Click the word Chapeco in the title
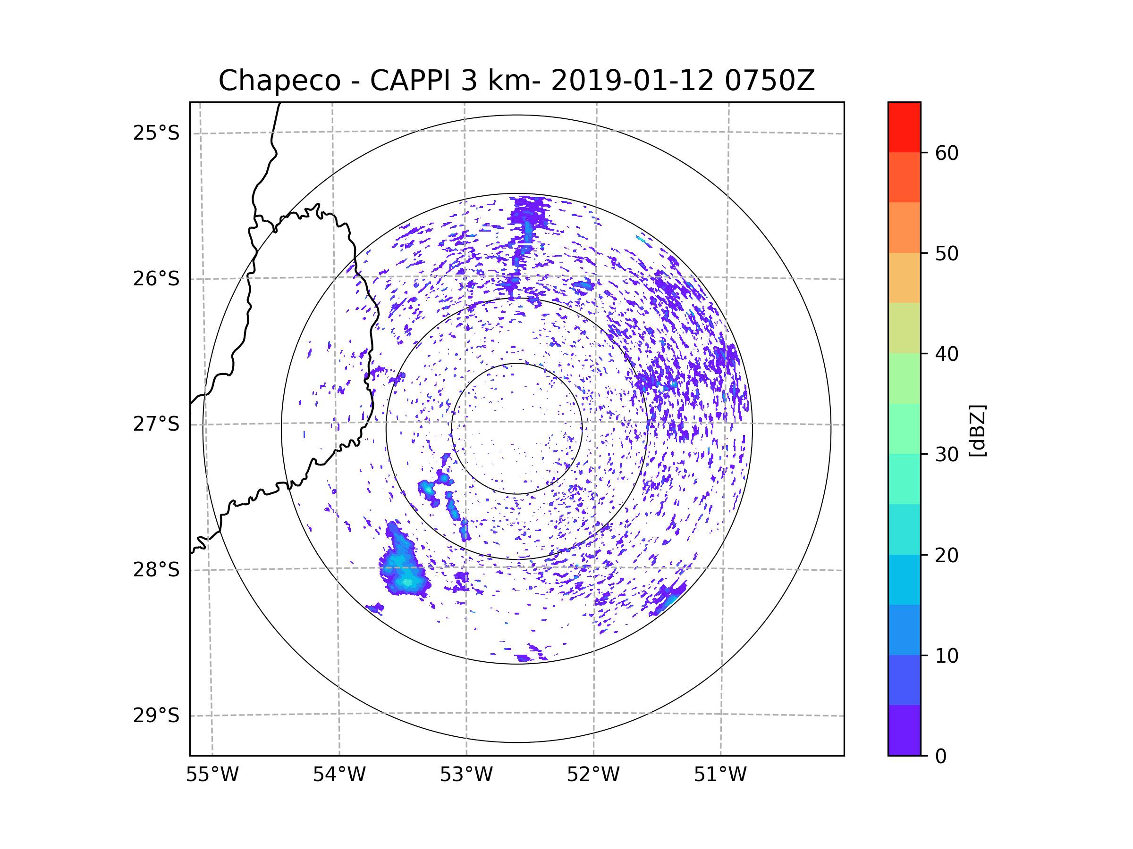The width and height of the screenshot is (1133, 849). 279,81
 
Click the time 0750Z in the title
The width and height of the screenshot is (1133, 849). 769,81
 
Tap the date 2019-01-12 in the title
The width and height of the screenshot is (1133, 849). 632,81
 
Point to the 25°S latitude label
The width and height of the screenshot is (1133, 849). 156,133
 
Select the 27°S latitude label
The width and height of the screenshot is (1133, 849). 156,424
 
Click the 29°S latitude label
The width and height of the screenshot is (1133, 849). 156,715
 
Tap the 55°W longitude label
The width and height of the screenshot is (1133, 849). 212,775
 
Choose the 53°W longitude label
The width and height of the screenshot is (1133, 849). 466,775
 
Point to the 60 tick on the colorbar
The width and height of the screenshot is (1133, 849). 947,153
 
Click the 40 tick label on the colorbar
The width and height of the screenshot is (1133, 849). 947,354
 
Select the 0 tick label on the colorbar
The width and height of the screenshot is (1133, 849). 941,757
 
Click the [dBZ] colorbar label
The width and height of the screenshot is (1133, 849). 977,430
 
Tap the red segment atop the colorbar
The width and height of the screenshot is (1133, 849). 904,127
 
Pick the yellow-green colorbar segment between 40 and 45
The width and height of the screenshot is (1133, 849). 904,328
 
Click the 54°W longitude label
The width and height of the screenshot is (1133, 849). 339,775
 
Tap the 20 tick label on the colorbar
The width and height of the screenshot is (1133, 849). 947,555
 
